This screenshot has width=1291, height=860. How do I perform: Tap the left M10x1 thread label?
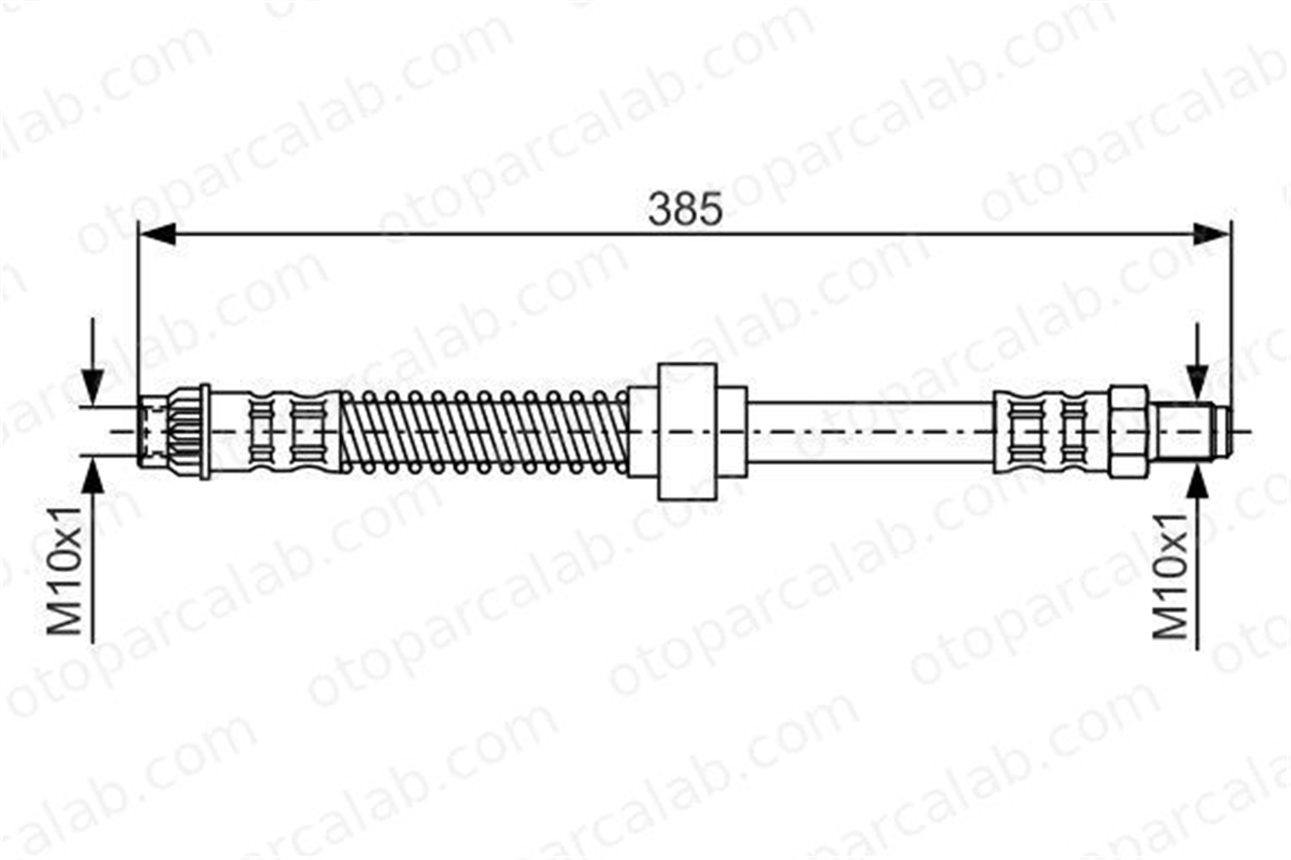pyautogui.click(x=67, y=571)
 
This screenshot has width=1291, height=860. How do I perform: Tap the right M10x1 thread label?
pyautogui.click(x=1170, y=576)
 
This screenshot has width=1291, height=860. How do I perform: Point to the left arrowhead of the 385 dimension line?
pyautogui.click(x=158, y=233)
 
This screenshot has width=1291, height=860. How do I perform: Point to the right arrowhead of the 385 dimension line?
pyautogui.click(x=1212, y=233)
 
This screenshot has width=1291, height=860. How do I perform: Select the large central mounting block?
pyautogui.click(x=687, y=432)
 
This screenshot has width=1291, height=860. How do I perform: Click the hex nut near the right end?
pyautogui.click(x=1129, y=432)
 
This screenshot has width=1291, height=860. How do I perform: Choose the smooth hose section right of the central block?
pyautogui.click(x=870, y=432)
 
